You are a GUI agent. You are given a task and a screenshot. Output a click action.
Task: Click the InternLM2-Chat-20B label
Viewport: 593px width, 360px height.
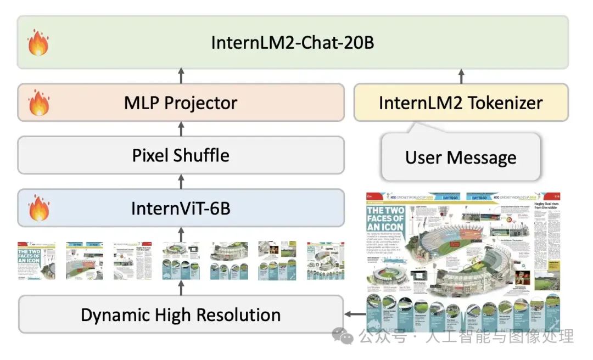[x=293, y=42]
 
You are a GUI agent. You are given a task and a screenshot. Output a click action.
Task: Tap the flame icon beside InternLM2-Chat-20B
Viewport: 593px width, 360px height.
[x=38, y=43]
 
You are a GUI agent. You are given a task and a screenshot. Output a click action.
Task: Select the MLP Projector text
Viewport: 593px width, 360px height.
[x=181, y=103]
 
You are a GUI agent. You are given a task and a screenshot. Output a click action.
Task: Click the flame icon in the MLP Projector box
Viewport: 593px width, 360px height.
[x=38, y=103]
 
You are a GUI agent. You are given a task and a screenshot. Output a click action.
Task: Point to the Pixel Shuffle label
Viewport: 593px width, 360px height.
[x=181, y=155]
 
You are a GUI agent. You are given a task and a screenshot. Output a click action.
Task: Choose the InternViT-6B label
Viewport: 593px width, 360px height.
[x=181, y=209]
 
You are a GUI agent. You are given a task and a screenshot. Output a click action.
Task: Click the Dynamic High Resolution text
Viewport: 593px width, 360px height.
[x=181, y=315]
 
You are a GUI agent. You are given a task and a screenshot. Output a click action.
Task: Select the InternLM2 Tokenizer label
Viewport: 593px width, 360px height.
[x=461, y=103]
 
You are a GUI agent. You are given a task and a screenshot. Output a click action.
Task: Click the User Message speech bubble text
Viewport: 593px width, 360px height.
[x=461, y=157]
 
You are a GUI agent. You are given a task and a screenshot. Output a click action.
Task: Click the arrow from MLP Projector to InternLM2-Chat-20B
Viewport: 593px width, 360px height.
[x=181, y=76]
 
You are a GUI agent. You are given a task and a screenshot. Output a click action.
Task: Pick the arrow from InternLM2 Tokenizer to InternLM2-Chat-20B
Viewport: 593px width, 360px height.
[x=461, y=76]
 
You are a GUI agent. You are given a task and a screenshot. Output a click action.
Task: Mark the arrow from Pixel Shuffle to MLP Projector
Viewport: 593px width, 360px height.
[x=181, y=129]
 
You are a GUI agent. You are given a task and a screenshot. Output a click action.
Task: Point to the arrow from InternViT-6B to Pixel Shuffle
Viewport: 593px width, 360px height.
[x=181, y=182]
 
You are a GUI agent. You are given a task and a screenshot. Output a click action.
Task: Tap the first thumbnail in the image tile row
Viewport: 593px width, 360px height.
[x=37, y=260]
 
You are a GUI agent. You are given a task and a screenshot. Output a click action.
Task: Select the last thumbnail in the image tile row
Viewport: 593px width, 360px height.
[x=326, y=260]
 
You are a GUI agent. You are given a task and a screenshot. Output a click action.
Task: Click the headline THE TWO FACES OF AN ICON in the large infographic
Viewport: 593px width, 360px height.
[x=385, y=218]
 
